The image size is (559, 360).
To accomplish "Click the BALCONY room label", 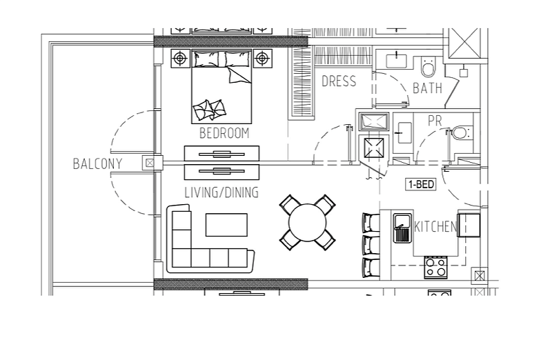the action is point(97,164).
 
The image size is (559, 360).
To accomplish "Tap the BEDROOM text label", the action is point(224,133).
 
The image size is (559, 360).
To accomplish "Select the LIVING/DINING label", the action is point(222,192).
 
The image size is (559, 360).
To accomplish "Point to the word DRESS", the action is point(339,81).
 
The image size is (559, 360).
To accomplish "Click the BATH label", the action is point(427,88).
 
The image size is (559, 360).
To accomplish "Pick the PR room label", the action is point(435,121).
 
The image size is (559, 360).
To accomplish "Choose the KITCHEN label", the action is point(435,227).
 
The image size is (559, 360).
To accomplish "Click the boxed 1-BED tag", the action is point(421,184).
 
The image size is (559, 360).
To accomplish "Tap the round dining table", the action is point(307,223).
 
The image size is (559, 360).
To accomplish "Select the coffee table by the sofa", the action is point(226,225).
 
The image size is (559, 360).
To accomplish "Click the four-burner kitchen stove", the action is point(436,268).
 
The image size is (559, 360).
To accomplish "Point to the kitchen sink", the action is point(402,228).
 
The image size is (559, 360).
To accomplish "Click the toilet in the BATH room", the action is point(428,66).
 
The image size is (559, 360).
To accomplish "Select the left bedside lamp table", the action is point(181,58).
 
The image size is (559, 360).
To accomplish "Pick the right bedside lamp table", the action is point(262,58).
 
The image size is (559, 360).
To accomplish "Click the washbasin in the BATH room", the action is point(396,60).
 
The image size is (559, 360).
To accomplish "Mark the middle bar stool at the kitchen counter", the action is point(371,245).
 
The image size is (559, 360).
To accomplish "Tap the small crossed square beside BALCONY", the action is point(150,163).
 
